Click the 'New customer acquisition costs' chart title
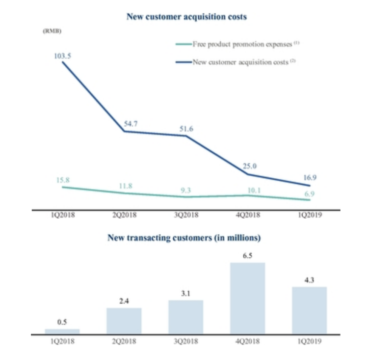click(x=186, y=17)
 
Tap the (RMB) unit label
click(x=52, y=31)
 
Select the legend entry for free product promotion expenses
click(x=237, y=44)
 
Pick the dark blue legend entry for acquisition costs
click(x=236, y=62)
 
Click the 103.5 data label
click(x=62, y=56)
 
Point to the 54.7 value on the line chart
click(x=131, y=124)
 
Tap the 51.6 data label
click(x=186, y=129)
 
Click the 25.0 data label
click(x=250, y=166)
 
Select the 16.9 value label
click(x=310, y=178)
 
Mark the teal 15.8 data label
click(x=63, y=180)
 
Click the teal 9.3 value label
click(x=185, y=190)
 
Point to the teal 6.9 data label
click(x=310, y=194)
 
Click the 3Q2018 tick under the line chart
click(x=186, y=215)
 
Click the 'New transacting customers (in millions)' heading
click(x=184, y=238)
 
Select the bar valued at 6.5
click(x=248, y=298)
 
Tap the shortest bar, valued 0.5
click(x=62, y=332)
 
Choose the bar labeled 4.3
click(x=309, y=310)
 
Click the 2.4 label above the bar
click(x=124, y=301)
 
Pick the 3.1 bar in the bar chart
click(x=186, y=317)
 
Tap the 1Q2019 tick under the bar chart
click(x=309, y=341)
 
